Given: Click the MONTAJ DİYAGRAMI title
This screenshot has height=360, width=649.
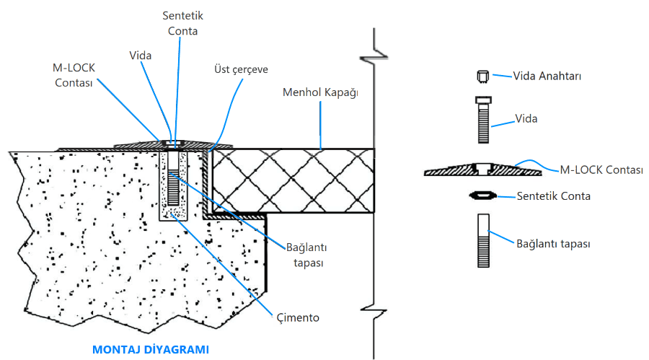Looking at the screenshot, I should (151, 350).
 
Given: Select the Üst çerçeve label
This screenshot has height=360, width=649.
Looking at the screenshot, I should (241, 69).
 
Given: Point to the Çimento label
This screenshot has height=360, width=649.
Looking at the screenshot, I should (297, 317).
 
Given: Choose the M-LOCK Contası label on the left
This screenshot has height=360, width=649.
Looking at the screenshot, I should (74, 74).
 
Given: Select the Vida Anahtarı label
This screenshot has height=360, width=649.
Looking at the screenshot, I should (547, 76).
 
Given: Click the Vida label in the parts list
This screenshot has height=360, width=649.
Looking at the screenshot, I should (526, 118).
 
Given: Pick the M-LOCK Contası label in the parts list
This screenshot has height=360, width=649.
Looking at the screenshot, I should (601, 170).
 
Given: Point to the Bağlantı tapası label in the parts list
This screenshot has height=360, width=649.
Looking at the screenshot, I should (554, 244).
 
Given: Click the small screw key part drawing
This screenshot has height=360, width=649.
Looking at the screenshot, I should (483, 76).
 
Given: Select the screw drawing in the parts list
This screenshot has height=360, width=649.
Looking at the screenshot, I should (483, 120).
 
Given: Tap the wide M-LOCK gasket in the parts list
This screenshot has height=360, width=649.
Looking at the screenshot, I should (482, 170).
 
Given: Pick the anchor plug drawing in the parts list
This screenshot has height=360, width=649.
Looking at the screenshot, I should (483, 241).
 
